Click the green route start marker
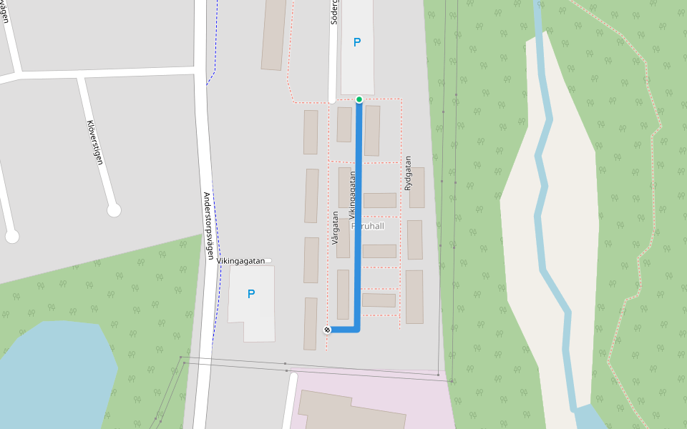pyautogui.click(x=359, y=99)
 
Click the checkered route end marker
pyautogui.click(x=327, y=330)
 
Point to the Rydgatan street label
pyautogui.click(x=408, y=173)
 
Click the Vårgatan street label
pyautogui.click(x=335, y=227)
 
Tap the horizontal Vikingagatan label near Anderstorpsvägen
pyautogui.click(x=241, y=262)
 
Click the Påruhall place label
pyautogui.click(x=368, y=226)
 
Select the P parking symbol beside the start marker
pyautogui.click(x=357, y=42)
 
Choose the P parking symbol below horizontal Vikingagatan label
pyautogui.click(x=251, y=294)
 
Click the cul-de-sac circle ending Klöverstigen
pyautogui.click(x=114, y=210)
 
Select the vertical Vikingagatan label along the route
pyautogui.click(x=352, y=194)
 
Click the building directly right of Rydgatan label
pyautogui.click(x=417, y=187)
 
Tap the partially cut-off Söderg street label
pyautogui.click(x=333, y=12)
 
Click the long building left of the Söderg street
pyautogui.click(x=274, y=34)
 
